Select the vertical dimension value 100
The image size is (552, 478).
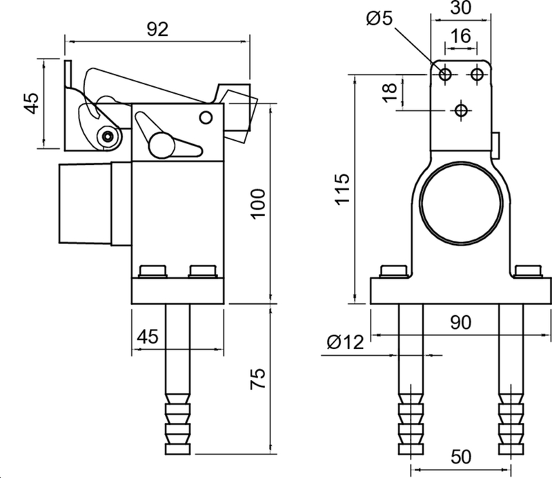coord(257,203)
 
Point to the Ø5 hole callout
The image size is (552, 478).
coord(380,19)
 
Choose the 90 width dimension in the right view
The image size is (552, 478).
coord(460,321)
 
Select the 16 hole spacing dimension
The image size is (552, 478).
coord(460,36)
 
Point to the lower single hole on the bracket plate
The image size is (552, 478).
coord(461,109)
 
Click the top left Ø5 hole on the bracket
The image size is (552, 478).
coord(445,73)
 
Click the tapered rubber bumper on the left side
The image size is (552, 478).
coord(85,203)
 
